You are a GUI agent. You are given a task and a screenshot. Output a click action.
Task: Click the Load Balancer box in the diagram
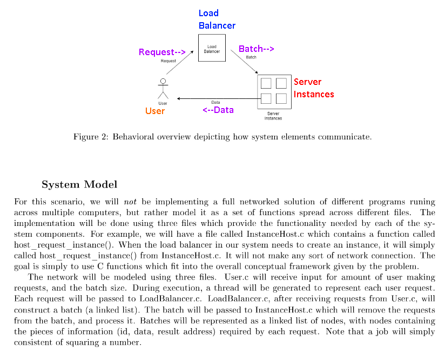(212, 48)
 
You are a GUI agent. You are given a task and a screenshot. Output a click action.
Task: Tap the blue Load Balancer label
(217, 19)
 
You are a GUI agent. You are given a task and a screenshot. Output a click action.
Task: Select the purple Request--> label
(162, 52)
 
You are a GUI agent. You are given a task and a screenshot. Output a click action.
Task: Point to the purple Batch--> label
(257, 49)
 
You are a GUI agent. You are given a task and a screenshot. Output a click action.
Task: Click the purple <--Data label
(218, 110)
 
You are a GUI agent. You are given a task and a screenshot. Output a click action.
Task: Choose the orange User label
(155, 111)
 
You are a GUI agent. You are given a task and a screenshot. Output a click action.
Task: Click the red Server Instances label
(314, 88)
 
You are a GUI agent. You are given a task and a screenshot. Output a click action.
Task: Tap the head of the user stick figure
(163, 82)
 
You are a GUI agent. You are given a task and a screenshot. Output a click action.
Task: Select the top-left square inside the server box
(266, 83)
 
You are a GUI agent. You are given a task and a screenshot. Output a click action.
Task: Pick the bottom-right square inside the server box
(281, 98)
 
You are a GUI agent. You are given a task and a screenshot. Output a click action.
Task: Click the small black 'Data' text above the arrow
(215, 102)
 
